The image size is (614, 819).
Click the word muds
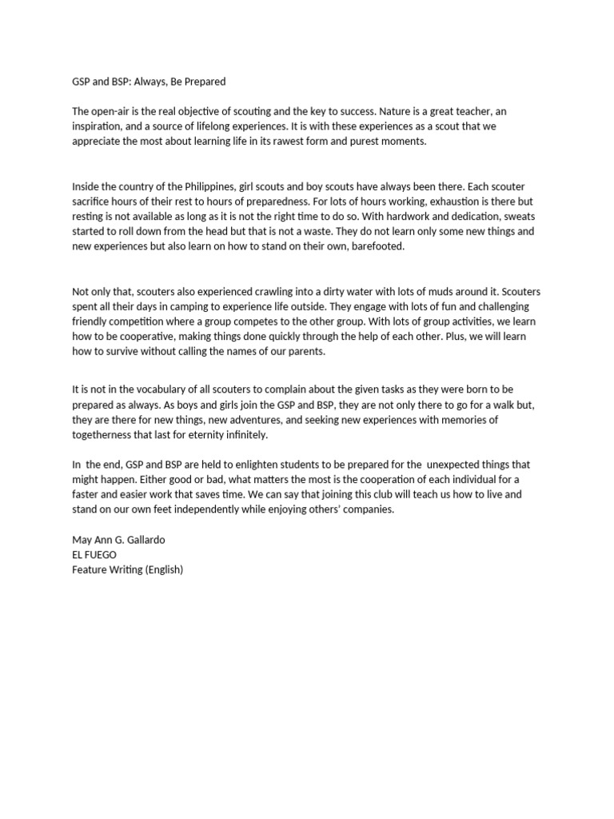tap(439, 291)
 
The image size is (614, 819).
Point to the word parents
tap(303, 352)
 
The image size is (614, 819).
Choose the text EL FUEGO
tap(94, 554)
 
